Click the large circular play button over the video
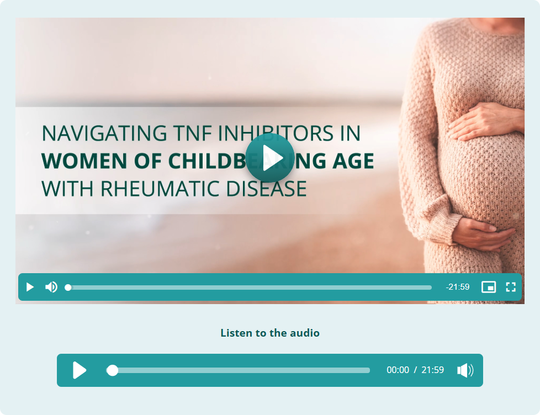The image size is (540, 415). (270, 158)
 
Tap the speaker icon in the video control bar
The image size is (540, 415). (51, 287)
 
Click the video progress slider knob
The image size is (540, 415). (68, 288)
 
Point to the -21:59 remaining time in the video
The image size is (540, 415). (457, 287)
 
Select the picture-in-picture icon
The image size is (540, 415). (488, 287)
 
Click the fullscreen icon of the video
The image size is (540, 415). (511, 287)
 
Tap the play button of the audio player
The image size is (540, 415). (80, 370)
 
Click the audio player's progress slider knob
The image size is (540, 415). (112, 370)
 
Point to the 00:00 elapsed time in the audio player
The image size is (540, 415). (398, 370)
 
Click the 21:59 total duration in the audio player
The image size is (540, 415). (432, 370)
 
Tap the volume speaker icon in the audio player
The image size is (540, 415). (465, 370)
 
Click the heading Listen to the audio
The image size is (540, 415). (270, 333)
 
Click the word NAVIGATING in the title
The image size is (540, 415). (104, 133)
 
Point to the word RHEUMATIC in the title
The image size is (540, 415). (160, 189)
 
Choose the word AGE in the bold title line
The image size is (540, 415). (353, 161)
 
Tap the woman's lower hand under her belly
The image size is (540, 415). (482, 234)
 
